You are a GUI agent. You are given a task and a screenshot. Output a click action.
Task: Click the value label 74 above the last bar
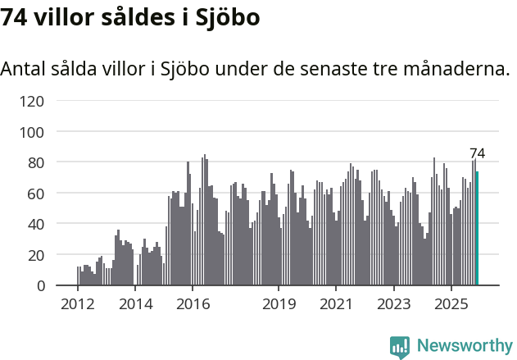[x=477, y=153]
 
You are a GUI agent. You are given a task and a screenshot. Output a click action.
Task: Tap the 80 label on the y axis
[x=36, y=162]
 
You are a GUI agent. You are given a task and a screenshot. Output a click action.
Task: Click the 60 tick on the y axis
[x=36, y=194]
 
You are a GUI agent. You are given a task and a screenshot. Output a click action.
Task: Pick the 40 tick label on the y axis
[x=36, y=224]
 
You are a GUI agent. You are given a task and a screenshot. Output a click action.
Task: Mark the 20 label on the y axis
[x=36, y=255]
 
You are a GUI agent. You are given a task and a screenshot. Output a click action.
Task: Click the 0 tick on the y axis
[x=40, y=285]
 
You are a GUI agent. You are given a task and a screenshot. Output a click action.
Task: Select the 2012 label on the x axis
[x=78, y=305]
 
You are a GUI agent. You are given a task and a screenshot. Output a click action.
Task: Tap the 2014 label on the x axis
[x=135, y=305]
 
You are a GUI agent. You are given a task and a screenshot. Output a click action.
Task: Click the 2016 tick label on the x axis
[x=193, y=305]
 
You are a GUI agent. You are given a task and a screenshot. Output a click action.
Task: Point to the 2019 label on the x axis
[x=279, y=305]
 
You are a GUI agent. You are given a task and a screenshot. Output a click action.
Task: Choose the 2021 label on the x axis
[x=336, y=305]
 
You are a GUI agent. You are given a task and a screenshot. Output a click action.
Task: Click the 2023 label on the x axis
[x=393, y=305]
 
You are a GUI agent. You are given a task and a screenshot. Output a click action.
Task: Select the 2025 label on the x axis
[x=451, y=305]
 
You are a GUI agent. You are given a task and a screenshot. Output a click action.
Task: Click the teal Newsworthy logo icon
[x=400, y=348]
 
